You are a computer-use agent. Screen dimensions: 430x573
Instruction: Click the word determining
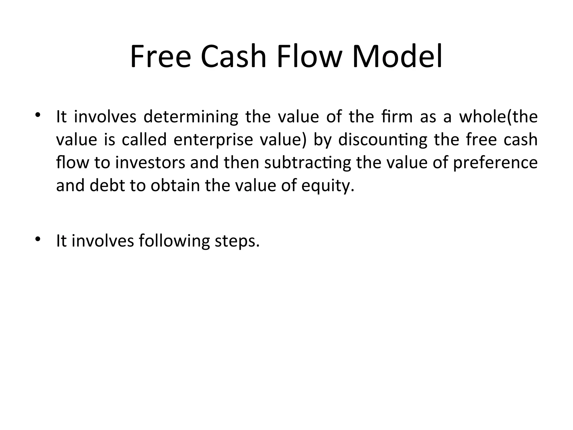[x=191, y=117]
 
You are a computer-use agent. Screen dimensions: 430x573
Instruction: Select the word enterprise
[x=213, y=140]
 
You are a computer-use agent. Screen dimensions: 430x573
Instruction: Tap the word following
[x=174, y=241]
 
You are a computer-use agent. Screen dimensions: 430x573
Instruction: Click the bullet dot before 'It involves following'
[x=38, y=239]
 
